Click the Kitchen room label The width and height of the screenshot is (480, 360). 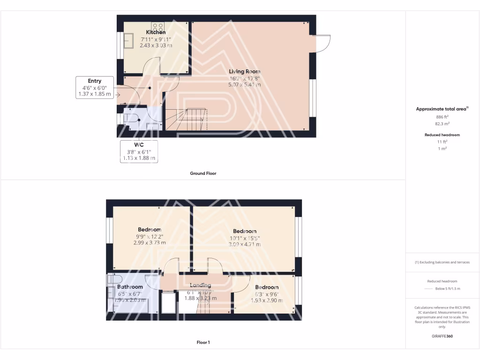point(156,32)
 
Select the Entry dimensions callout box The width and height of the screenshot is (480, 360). point(94,87)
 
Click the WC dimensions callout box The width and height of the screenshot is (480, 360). point(139,151)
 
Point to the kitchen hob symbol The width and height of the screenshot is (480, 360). point(157,26)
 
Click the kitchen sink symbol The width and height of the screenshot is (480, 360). point(129,41)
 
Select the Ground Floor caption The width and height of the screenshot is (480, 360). point(203,173)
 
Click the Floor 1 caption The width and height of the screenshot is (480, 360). point(203,343)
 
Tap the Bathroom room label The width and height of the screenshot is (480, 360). point(130,287)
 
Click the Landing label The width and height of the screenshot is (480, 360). point(200,285)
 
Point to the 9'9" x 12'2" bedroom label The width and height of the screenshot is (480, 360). point(150,230)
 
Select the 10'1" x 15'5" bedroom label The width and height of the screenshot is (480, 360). point(245,231)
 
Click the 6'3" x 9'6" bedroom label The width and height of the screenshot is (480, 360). point(266,287)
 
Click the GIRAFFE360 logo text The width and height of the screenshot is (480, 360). point(442,336)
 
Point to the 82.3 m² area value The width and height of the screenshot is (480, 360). point(442,124)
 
